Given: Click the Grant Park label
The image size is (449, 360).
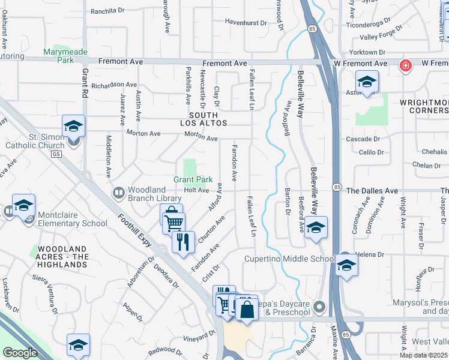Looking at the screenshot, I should [193, 179].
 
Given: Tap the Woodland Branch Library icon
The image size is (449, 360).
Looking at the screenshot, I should [118, 193].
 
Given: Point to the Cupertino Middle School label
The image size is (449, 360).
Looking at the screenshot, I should [289, 259].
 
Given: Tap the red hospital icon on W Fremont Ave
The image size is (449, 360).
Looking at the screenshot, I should [406, 65].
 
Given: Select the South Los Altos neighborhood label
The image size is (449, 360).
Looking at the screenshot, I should [208, 119].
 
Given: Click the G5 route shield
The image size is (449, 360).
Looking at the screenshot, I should [56, 154].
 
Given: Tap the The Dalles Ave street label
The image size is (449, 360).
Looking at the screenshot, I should [372, 191].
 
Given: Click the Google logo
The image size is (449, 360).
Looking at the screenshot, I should [20, 353].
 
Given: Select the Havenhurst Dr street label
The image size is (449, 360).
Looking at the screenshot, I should [245, 22].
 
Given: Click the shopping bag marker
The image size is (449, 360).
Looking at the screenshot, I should [246, 310].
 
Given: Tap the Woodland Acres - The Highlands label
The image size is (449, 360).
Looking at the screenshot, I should [63, 256].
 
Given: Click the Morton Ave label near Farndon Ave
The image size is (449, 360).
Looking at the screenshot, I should [200, 138].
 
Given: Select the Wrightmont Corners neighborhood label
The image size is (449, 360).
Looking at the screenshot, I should [424, 106].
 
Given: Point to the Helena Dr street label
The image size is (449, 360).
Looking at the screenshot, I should [370, 254].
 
